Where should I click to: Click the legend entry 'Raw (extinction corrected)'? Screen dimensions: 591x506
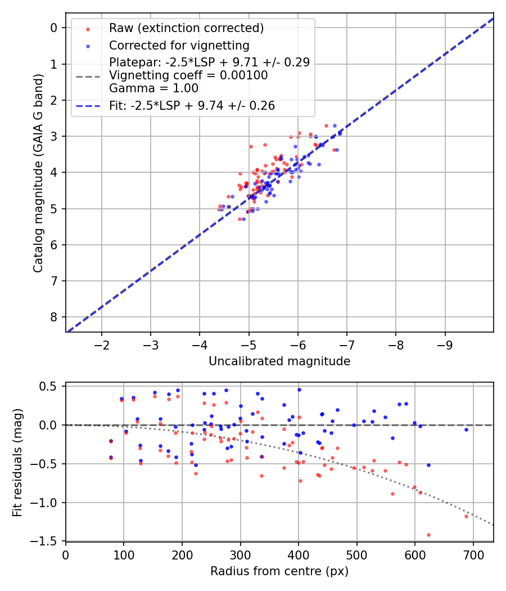(186, 28)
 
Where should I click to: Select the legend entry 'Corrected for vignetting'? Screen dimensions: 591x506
(179, 45)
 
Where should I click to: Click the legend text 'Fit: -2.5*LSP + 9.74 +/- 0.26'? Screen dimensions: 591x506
(192, 106)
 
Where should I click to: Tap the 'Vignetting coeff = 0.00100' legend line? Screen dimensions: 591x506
(188, 75)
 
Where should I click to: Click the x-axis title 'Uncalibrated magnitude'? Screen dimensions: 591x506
(279, 361)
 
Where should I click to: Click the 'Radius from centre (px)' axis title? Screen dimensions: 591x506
(279, 571)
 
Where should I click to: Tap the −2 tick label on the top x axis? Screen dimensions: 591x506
(102, 344)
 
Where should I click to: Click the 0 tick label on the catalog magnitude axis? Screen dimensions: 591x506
(55, 28)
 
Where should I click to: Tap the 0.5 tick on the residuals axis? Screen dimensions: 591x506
(51, 386)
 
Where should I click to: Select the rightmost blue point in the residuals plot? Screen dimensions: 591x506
(466, 429)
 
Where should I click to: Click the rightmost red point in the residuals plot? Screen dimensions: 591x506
(466, 516)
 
